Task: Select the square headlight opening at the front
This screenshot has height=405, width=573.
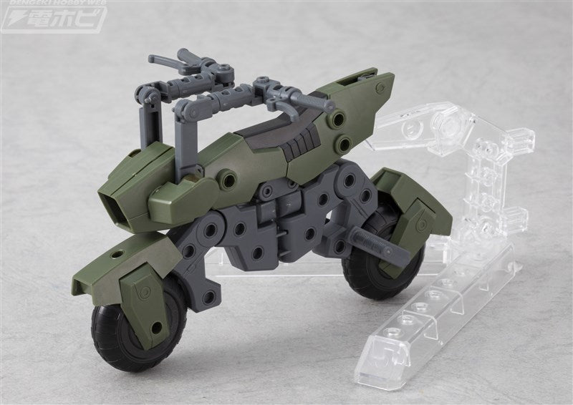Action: (x=115, y=208)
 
